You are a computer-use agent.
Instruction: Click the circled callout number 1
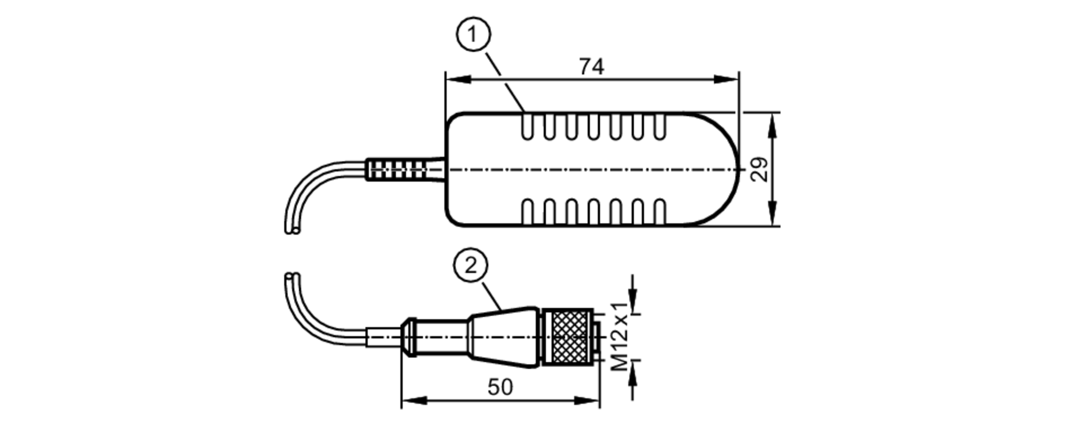[x=473, y=35]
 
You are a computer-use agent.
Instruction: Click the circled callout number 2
[x=471, y=265]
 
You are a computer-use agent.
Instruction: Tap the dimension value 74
[x=592, y=67]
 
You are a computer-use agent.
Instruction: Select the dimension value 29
[x=760, y=170]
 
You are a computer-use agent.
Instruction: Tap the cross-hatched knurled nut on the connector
[x=570, y=337]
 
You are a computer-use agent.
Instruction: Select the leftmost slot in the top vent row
[x=527, y=126]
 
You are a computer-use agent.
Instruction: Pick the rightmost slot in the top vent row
[x=660, y=126]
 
